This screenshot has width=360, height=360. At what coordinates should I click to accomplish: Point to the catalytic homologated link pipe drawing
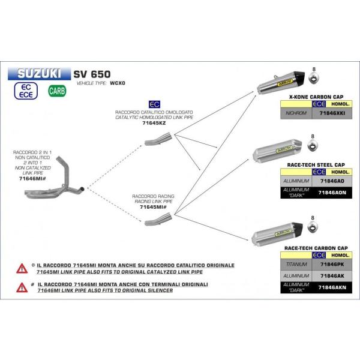(x=158, y=142)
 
